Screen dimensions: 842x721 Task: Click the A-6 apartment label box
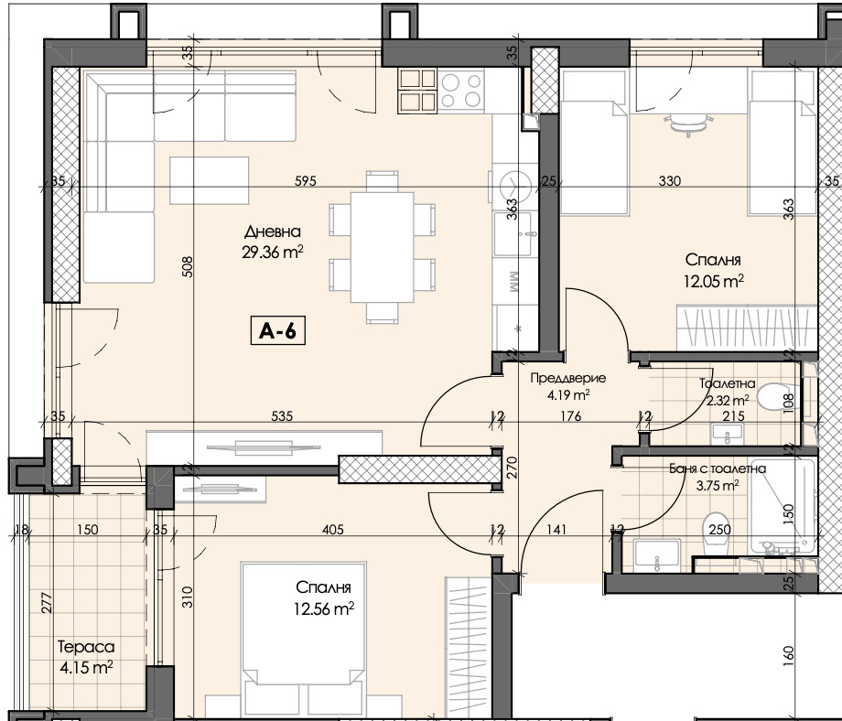pyautogui.click(x=277, y=330)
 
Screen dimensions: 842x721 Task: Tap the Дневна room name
pyautogui.click(x=272, y=231)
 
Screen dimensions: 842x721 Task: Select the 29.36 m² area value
pyautogui.click(x=272, y=252)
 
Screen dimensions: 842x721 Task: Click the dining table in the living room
pyautogui.click(x=382, y=247)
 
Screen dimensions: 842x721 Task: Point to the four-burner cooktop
pyautogui.click(x=461, y=91)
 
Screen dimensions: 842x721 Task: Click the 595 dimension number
pyautogui.click(x=306, y=181)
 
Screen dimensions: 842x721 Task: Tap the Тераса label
pyautogui.click(x=86, y=647)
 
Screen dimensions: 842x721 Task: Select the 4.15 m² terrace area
pyautogui.click(x=86, y=668)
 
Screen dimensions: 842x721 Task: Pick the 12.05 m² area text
pyautogui.click(x=713, y=280)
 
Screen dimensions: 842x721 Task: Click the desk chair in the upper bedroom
pyautogui.click(x=688, y=124)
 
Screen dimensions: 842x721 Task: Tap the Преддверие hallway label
pyautogui.click(x=567, y=378)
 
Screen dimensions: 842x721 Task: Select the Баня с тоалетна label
pyautogui.click(x=718, y=468)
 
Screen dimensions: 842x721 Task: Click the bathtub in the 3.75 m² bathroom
pyautogui.click(x=784, y=506)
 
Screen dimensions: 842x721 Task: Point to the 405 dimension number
pyautogui.click(x=332, y=530)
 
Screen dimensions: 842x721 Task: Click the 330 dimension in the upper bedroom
pyautogui.click(x=670, y=181)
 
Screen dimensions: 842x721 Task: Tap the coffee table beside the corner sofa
pyautogui.click(x=209, y=180)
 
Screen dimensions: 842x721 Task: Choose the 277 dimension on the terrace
pyautogui.click(x=46, y=602)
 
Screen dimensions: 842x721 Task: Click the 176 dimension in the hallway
pyautogui.click(x=570, y=416)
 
